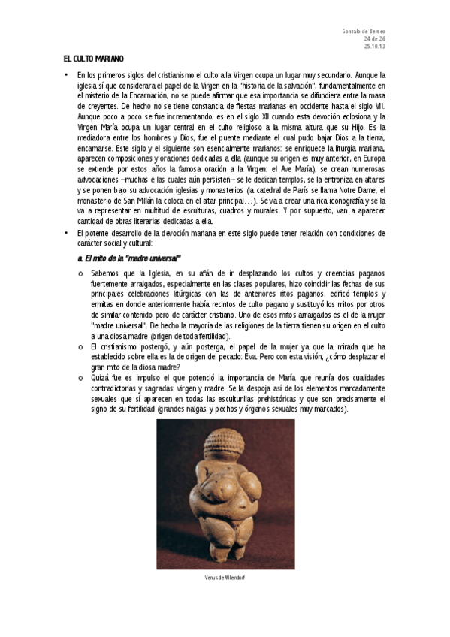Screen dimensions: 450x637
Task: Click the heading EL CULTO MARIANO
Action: tap(93, 59)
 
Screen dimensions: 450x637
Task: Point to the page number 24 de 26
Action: tap(374, 38)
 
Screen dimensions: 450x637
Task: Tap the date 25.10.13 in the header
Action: tap(374, 46)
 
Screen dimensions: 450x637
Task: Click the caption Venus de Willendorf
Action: tap(225, 577)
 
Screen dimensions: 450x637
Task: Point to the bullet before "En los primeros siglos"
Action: tap(66, 75)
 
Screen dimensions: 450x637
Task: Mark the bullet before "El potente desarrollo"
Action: tap(66, 233)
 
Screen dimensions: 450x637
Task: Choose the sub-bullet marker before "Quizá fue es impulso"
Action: tap(80, 379)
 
